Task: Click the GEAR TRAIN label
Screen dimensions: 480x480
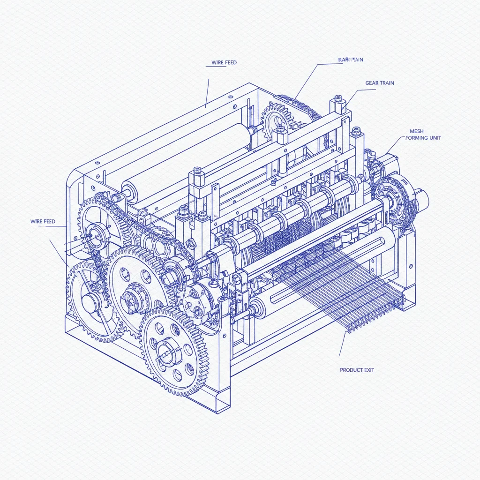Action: point(379,83)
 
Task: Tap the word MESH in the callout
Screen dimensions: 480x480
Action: point(416,131)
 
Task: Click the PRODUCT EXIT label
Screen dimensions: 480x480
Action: point(357,370)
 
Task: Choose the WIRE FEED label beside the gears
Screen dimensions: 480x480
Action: point(43,221)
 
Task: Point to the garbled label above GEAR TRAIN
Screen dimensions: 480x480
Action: point(351,60)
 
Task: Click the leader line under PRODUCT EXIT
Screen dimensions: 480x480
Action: point(342,345)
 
